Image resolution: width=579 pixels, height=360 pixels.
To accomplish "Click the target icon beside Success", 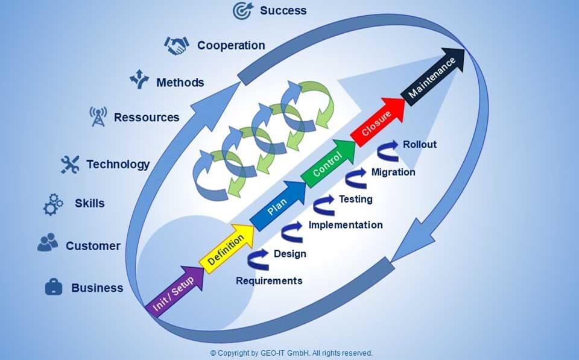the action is tap(243, 10).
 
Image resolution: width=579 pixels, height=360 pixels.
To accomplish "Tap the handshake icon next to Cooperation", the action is tap(177, 45).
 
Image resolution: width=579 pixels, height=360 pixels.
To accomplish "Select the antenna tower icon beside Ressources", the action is tap(98, 116).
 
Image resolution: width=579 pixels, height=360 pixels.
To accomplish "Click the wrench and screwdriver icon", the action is tap(70, 164).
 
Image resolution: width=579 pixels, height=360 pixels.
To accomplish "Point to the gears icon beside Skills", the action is tap(53, 204).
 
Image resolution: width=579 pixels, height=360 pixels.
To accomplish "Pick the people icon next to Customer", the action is tap(48, 242).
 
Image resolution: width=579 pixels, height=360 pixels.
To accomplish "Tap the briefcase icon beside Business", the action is tap(54, 287).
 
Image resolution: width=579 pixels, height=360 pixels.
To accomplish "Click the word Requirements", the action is tap(269, 281).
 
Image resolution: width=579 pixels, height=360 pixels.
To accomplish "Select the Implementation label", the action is tap(346, 225).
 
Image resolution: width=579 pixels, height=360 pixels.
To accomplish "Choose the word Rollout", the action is tap(420, 144).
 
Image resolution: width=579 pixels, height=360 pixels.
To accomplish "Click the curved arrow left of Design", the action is tap(258, 259).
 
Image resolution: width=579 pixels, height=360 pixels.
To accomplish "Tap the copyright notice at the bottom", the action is tap(291, 353).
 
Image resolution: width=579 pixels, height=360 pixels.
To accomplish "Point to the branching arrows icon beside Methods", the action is tap(139, 79).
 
